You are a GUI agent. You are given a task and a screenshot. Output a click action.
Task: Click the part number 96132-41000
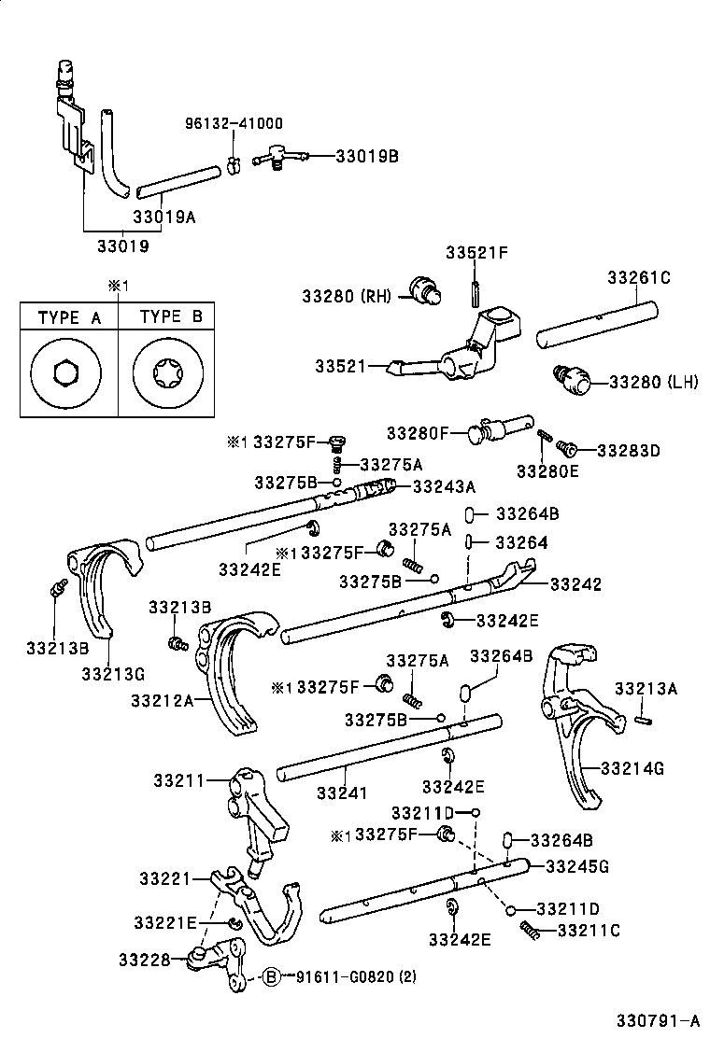(x=234, y=123)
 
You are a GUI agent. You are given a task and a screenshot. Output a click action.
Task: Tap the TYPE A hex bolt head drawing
(x=66, y=373)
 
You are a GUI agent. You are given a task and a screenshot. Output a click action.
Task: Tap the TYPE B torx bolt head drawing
(x=170, y=373)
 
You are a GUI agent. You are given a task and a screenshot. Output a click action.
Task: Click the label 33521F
(x=476, y=254)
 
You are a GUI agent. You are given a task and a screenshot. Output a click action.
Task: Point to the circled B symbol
(x=271, y=976)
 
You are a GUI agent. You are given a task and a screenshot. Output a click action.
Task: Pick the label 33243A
(x=444, y=485)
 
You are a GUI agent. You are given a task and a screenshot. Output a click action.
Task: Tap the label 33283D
(x=628, y=450)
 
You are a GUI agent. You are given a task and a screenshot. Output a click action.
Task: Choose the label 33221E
(x=164, y=922)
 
